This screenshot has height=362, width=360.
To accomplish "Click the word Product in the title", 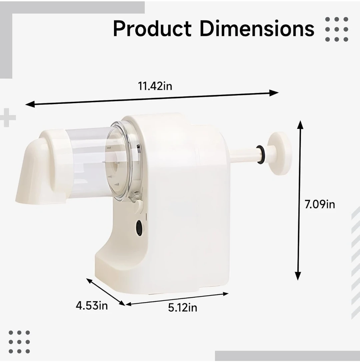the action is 152,29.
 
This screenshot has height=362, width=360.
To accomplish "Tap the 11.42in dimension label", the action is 155,86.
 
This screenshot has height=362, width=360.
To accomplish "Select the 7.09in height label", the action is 320,204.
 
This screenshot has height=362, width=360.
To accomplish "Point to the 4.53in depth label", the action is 92,306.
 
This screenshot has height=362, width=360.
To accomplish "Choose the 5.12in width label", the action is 183,308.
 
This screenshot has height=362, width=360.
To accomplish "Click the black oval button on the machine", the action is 139,228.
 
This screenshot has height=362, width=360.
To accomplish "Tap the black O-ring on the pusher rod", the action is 260,155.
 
